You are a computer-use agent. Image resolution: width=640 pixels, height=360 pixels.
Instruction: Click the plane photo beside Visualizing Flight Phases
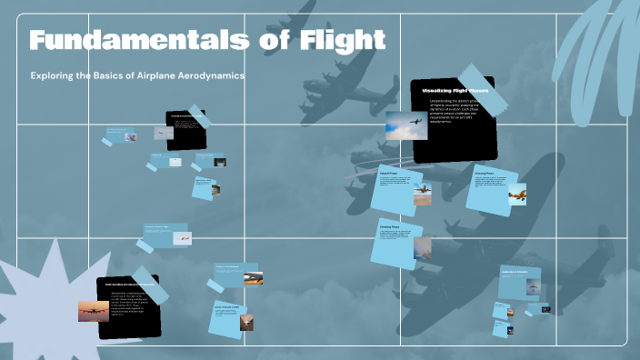405,125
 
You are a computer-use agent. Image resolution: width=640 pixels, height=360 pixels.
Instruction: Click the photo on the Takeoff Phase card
422,194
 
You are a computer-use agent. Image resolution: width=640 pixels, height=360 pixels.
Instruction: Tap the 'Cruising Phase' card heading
484,173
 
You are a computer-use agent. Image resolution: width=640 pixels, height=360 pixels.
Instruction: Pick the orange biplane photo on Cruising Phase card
516,194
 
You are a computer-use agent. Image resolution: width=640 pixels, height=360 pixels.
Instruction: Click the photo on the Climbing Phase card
422,246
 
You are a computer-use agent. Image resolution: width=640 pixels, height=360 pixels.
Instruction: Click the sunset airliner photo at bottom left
94,311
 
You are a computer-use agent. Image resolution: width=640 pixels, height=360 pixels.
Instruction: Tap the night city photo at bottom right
545,308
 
